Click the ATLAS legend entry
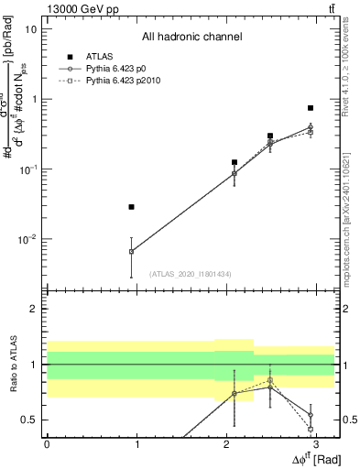point(99,57)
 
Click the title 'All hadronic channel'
point(191,37)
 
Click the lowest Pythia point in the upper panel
point(132,251)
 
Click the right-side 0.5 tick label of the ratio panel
point(348,420)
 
